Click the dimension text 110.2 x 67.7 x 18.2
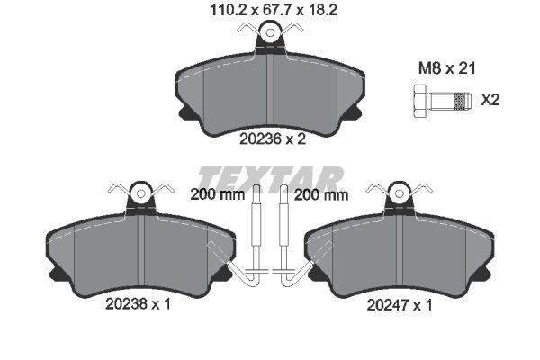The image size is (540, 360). [274, 11]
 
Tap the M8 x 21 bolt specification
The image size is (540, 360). [446, 68]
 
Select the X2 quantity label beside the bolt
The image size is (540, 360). [490, 100]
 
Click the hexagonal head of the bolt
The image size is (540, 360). [420, 102]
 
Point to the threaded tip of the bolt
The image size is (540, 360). [462, 102]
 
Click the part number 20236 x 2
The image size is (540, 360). [273, 139]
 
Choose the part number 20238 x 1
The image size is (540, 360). [138, 304]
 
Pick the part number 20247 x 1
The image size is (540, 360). [399, 305]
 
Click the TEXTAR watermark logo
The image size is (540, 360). [271, 178]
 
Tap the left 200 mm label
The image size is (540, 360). [217, 195]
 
